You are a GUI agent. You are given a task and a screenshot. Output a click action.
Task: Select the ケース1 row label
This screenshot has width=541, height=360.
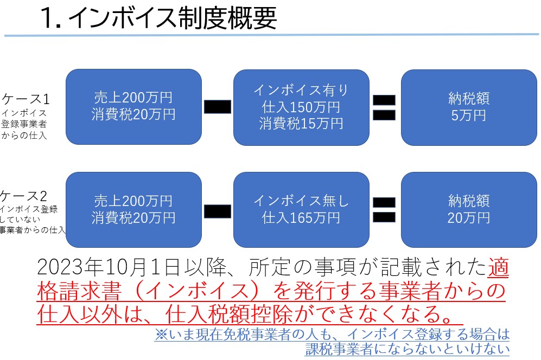click(26, 99)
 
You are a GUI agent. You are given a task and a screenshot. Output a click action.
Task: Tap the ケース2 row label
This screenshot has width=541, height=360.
click(23, 196)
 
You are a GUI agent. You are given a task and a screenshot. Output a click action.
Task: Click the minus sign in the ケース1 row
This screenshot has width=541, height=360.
click(218, 107)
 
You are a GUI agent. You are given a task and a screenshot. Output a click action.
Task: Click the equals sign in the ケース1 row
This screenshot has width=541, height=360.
click(384, 107)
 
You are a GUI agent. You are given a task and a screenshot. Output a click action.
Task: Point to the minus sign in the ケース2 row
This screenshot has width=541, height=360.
click(218, 211)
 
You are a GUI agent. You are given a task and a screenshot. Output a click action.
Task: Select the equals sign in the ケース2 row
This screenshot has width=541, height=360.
click(384, 210)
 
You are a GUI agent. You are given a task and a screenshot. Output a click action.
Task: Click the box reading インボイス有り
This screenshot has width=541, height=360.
click(301, 107)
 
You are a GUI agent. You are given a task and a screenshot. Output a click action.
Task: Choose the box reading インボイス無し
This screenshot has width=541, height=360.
click(301, 210)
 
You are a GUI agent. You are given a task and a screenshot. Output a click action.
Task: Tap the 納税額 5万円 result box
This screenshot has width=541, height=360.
click(469, 107)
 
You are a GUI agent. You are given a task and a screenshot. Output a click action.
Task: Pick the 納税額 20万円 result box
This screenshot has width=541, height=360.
click(469, 210)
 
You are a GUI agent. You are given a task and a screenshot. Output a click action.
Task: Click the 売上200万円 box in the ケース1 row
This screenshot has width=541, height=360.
click(133, 107)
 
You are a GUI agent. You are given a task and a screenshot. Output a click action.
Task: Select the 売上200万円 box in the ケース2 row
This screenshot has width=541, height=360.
click(133, 210)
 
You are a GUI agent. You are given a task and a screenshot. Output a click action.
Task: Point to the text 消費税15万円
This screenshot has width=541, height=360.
click(301, 124)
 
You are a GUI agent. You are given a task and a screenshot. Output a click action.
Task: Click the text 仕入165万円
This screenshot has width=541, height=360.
click(301, 217)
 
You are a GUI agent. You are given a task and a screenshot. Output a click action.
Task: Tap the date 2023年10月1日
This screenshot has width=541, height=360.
click(109, 267)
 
